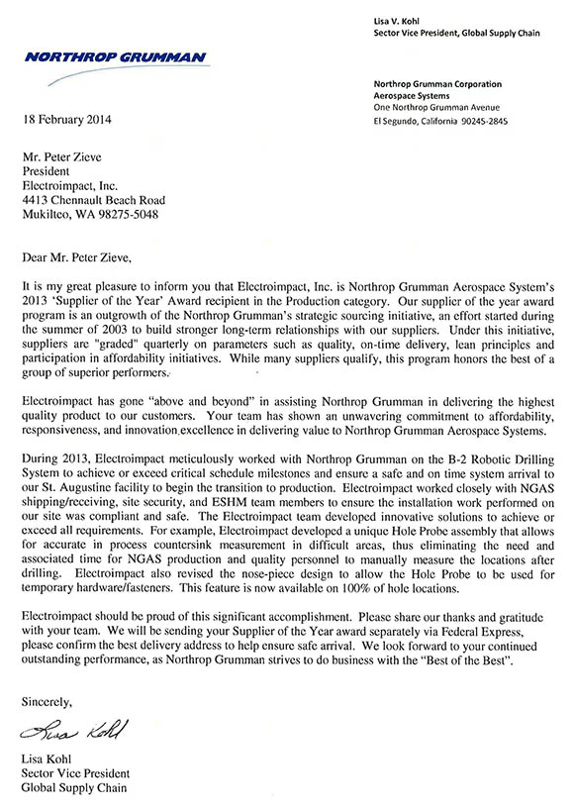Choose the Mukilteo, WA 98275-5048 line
click(89, 214)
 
